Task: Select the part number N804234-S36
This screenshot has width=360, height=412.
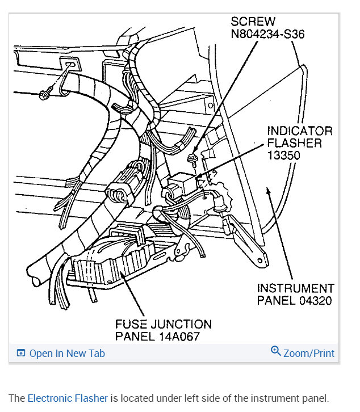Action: coord(267,34)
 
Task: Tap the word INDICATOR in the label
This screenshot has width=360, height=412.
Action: coord(299,131)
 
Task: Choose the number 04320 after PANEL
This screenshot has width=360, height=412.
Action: coord(313,301)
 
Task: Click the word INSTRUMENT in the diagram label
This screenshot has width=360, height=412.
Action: coord(295,288)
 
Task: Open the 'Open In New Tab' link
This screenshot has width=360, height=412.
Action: coord(67,353)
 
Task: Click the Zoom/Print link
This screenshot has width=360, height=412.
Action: coord(309,353)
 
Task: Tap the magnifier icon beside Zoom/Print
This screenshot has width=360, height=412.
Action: coord(276,351)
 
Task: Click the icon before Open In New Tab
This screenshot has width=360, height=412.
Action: coord(21,353)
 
